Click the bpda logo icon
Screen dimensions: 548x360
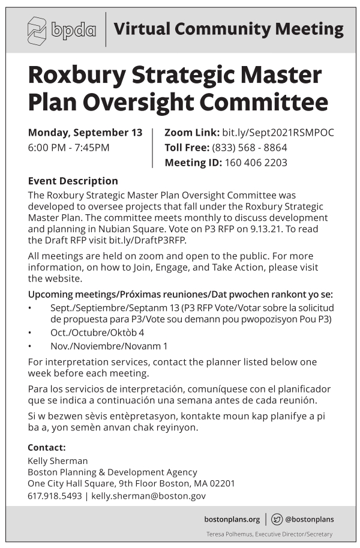coord(37,30)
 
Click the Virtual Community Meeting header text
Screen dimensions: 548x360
coord(228,29)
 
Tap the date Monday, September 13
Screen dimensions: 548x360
coord(85,133)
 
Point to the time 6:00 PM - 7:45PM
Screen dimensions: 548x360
coord(68,148)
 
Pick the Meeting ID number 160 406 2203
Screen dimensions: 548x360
coord(256,163)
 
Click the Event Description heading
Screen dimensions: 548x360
coord(73,181)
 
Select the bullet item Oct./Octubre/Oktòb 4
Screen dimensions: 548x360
coord(97,332)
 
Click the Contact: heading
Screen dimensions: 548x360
coord(47,447)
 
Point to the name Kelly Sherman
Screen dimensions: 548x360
coord(58,461)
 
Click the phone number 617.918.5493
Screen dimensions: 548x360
coord(55,496)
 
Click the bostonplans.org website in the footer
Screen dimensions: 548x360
coord(232,519)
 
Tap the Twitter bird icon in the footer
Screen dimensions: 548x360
coord(277,519)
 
